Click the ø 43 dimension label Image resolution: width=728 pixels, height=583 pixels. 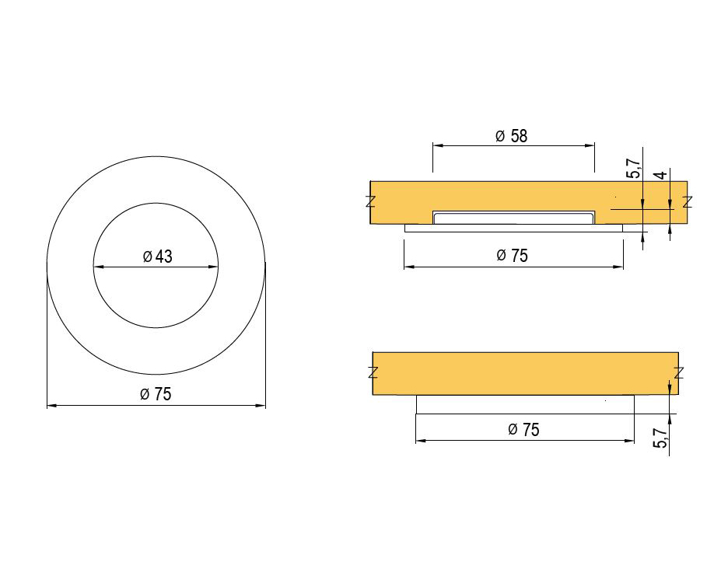(157, 257)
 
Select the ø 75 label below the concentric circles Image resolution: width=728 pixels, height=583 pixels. (156, 394)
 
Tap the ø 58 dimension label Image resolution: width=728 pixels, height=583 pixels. (512, 136)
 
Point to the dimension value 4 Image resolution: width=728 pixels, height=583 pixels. (662, 175)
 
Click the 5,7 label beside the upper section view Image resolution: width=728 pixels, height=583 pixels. (633, 169)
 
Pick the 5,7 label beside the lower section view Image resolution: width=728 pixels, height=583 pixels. (660, 438)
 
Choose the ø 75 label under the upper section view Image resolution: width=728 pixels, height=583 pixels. (512, 256)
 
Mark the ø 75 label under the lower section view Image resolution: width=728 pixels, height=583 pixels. (523, 429)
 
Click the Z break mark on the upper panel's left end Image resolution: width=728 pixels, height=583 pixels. (370, 202)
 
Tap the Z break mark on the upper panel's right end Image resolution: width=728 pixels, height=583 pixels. (688, 202)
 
